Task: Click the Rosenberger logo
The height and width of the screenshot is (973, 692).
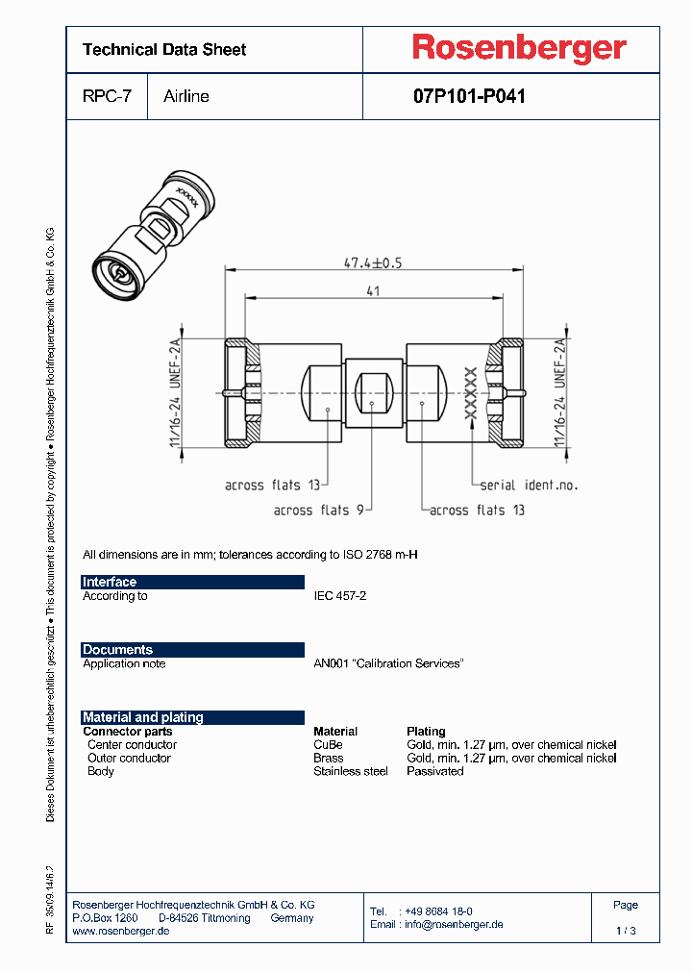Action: tap(519, 48)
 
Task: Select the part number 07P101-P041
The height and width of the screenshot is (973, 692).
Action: tap(469, 96)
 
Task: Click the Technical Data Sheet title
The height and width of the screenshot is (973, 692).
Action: tap(164, 50)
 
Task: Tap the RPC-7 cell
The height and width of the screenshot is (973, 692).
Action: tap(107, 96)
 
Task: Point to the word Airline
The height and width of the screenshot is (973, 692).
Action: tap(186, 96)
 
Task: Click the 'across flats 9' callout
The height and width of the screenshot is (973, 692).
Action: tap(317, 511)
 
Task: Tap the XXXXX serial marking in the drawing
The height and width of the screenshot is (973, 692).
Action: tap(471, 392)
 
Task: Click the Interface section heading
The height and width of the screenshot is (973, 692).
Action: tap(110, 582)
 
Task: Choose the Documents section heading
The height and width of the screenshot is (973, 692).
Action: tap(117, 650)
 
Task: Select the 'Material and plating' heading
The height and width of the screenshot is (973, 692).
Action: tap(143, 717)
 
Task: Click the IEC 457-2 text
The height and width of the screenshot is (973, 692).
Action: tap(340, 596)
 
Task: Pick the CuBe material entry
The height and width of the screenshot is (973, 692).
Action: tap(328, 744)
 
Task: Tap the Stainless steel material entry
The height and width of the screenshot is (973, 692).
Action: tap(351, 771)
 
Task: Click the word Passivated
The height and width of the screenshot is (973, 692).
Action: tap(435, 771)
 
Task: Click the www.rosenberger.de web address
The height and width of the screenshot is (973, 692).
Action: tap(121, 932)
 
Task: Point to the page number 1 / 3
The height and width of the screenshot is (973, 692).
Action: tap(626, 931)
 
